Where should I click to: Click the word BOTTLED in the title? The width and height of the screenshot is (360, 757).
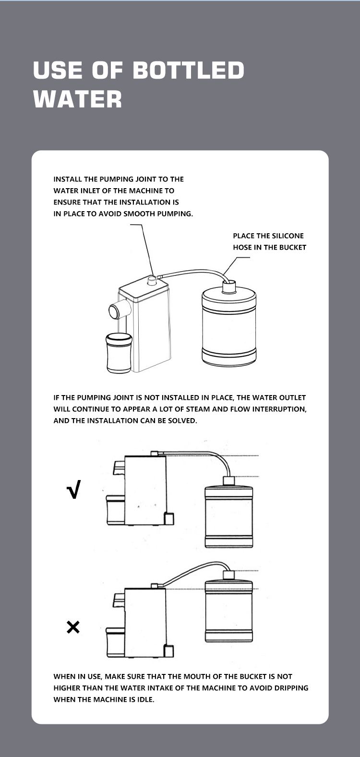[188, 70]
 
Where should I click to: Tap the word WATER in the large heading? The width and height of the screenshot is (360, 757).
[77, 99]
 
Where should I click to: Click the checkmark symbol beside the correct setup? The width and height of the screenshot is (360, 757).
[74, 489]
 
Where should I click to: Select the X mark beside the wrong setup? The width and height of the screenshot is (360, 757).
[73, 627]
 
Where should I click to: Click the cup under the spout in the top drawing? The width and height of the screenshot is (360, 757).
[118, 353]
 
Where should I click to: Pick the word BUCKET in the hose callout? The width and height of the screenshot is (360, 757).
[292, 247]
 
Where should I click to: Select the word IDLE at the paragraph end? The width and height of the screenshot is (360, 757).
[146, 699]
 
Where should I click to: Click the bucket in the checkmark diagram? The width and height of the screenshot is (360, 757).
[228, 512]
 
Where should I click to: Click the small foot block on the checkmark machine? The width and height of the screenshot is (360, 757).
[168, 519]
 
